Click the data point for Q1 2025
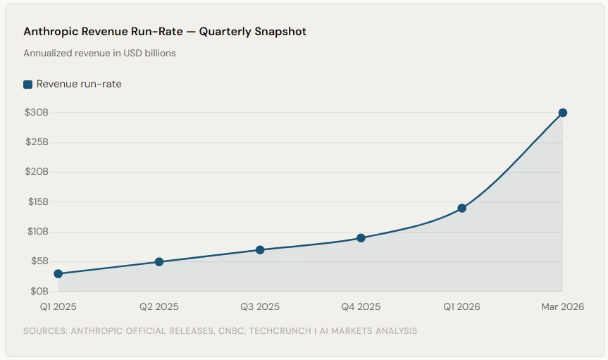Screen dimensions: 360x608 58,273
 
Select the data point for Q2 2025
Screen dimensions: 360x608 159,262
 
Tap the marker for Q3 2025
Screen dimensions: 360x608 260,249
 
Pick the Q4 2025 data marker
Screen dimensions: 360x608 361,238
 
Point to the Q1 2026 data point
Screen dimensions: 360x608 462,208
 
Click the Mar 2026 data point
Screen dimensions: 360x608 563,113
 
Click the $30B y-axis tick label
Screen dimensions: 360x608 37,113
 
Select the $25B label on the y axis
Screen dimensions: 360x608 37,142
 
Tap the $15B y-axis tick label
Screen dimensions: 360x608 37,202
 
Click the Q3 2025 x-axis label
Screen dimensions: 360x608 260,306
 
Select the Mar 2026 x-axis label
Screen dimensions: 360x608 562,306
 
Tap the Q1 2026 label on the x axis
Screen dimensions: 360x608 462,306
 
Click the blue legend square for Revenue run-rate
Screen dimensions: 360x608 28,85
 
